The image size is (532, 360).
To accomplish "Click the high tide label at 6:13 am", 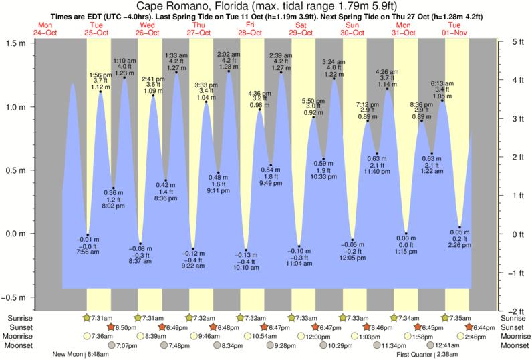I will [442, 89].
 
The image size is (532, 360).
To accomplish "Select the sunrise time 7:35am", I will [460, 318].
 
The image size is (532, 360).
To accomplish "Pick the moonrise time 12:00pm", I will [318, 337].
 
